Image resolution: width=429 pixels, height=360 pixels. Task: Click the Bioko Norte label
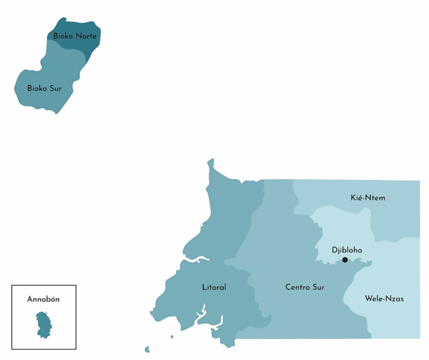75,36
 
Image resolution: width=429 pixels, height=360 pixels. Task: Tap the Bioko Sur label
44,88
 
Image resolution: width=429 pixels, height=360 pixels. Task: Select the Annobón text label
43,299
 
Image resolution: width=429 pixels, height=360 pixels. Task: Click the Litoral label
214,287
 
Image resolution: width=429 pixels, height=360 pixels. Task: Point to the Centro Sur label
305,287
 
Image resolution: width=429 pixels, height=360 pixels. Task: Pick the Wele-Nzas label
384,299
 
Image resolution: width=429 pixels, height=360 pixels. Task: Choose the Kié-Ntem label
368,197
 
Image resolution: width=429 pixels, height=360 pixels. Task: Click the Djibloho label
347,250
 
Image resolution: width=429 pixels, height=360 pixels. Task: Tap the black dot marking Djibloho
345,260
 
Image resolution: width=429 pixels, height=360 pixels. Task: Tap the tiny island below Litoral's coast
147,350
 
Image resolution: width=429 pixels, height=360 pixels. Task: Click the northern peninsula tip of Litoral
210,162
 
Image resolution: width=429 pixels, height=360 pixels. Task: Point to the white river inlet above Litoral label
197,259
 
